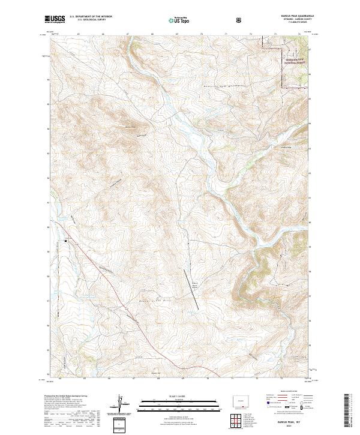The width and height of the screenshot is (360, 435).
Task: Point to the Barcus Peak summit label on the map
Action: [x=130, y=127]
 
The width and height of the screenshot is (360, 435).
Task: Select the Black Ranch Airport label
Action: [x=194, y=285]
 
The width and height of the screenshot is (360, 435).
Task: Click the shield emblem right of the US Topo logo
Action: [x=239, y=20]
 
